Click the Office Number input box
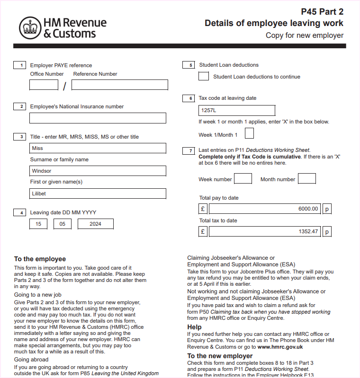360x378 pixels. coord(44,85)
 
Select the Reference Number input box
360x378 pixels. coord(120,85)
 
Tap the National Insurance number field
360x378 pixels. coord(98,118)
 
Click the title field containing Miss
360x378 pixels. coord(98,148)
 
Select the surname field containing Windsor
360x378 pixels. coord(98,171)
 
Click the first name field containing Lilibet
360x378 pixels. coord(98,193)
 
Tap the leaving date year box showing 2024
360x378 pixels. coord(95,224)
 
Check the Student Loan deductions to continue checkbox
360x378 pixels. coord(204,76)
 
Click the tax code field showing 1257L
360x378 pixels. coord(237,110)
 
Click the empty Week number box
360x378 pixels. coord(243,178)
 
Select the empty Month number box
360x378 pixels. coord(307,178)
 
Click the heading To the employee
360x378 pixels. coord(40,259)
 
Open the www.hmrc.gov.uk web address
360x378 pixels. coord(280,347)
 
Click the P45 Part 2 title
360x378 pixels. coord(322,12)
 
